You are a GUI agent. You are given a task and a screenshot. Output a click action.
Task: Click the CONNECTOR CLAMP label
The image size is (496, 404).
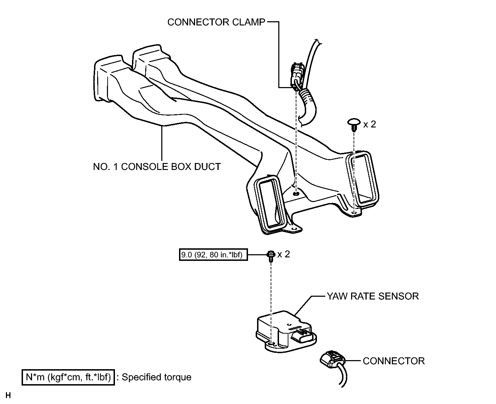(216, 22)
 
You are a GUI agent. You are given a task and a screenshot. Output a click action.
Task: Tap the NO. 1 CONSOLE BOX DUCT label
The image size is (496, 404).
(157, 166)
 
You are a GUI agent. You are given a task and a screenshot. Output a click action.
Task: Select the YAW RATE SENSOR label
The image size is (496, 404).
(372, 296)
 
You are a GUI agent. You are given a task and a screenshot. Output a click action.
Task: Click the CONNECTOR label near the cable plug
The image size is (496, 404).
(394, 361)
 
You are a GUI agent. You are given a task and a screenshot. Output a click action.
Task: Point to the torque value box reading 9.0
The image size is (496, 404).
(214, 255)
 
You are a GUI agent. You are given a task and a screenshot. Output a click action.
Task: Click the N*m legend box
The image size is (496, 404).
(68, 377)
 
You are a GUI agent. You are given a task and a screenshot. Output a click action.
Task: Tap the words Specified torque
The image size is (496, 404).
(156, 377)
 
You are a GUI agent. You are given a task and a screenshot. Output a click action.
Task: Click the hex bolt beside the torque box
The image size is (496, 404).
(270, 255)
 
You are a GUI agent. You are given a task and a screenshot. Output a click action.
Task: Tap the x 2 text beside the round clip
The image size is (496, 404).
(370, 124)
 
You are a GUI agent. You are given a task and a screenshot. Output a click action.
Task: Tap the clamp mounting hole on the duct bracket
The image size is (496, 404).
(296, 193)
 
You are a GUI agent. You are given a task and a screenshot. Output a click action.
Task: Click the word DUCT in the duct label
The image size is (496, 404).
(208, 166)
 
